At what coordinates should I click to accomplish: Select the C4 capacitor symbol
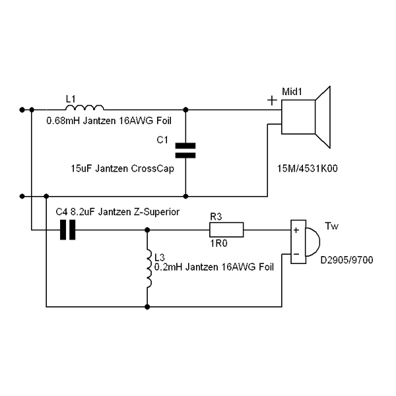click(x=69, y=229)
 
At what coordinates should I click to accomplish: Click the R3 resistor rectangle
click(x=226, y=230)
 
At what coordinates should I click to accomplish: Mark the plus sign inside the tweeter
click(x=296, y=230)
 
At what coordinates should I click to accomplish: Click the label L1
click(x=71, y=98)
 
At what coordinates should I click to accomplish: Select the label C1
click(x=163, y=140)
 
